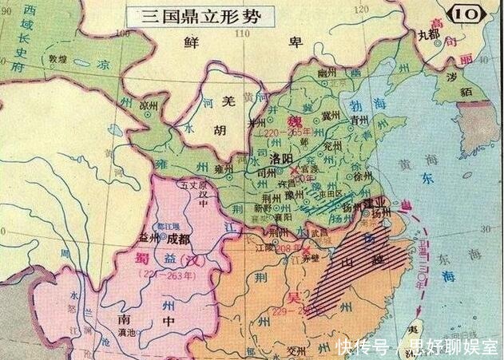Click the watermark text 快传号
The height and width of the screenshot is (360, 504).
(x=361, y=346)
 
